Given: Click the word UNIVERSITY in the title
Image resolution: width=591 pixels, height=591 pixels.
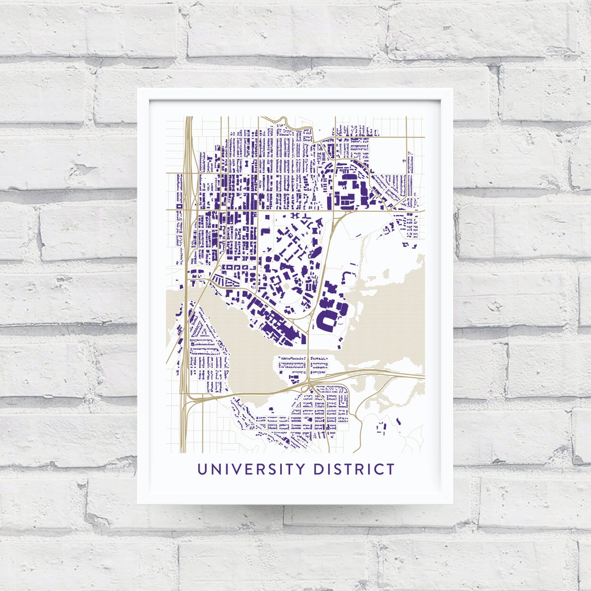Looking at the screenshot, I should click(x=252, y=470).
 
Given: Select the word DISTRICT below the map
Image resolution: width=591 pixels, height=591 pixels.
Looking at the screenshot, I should click(x=355, y=470).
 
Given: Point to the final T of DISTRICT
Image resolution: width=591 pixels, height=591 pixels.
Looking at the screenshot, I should click(x=390, y=470).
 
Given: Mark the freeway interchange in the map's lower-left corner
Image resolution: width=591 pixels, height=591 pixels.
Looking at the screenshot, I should click(x=189, y=402).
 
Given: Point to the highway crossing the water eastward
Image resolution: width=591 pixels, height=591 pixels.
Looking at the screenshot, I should click(x=372, y=373).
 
